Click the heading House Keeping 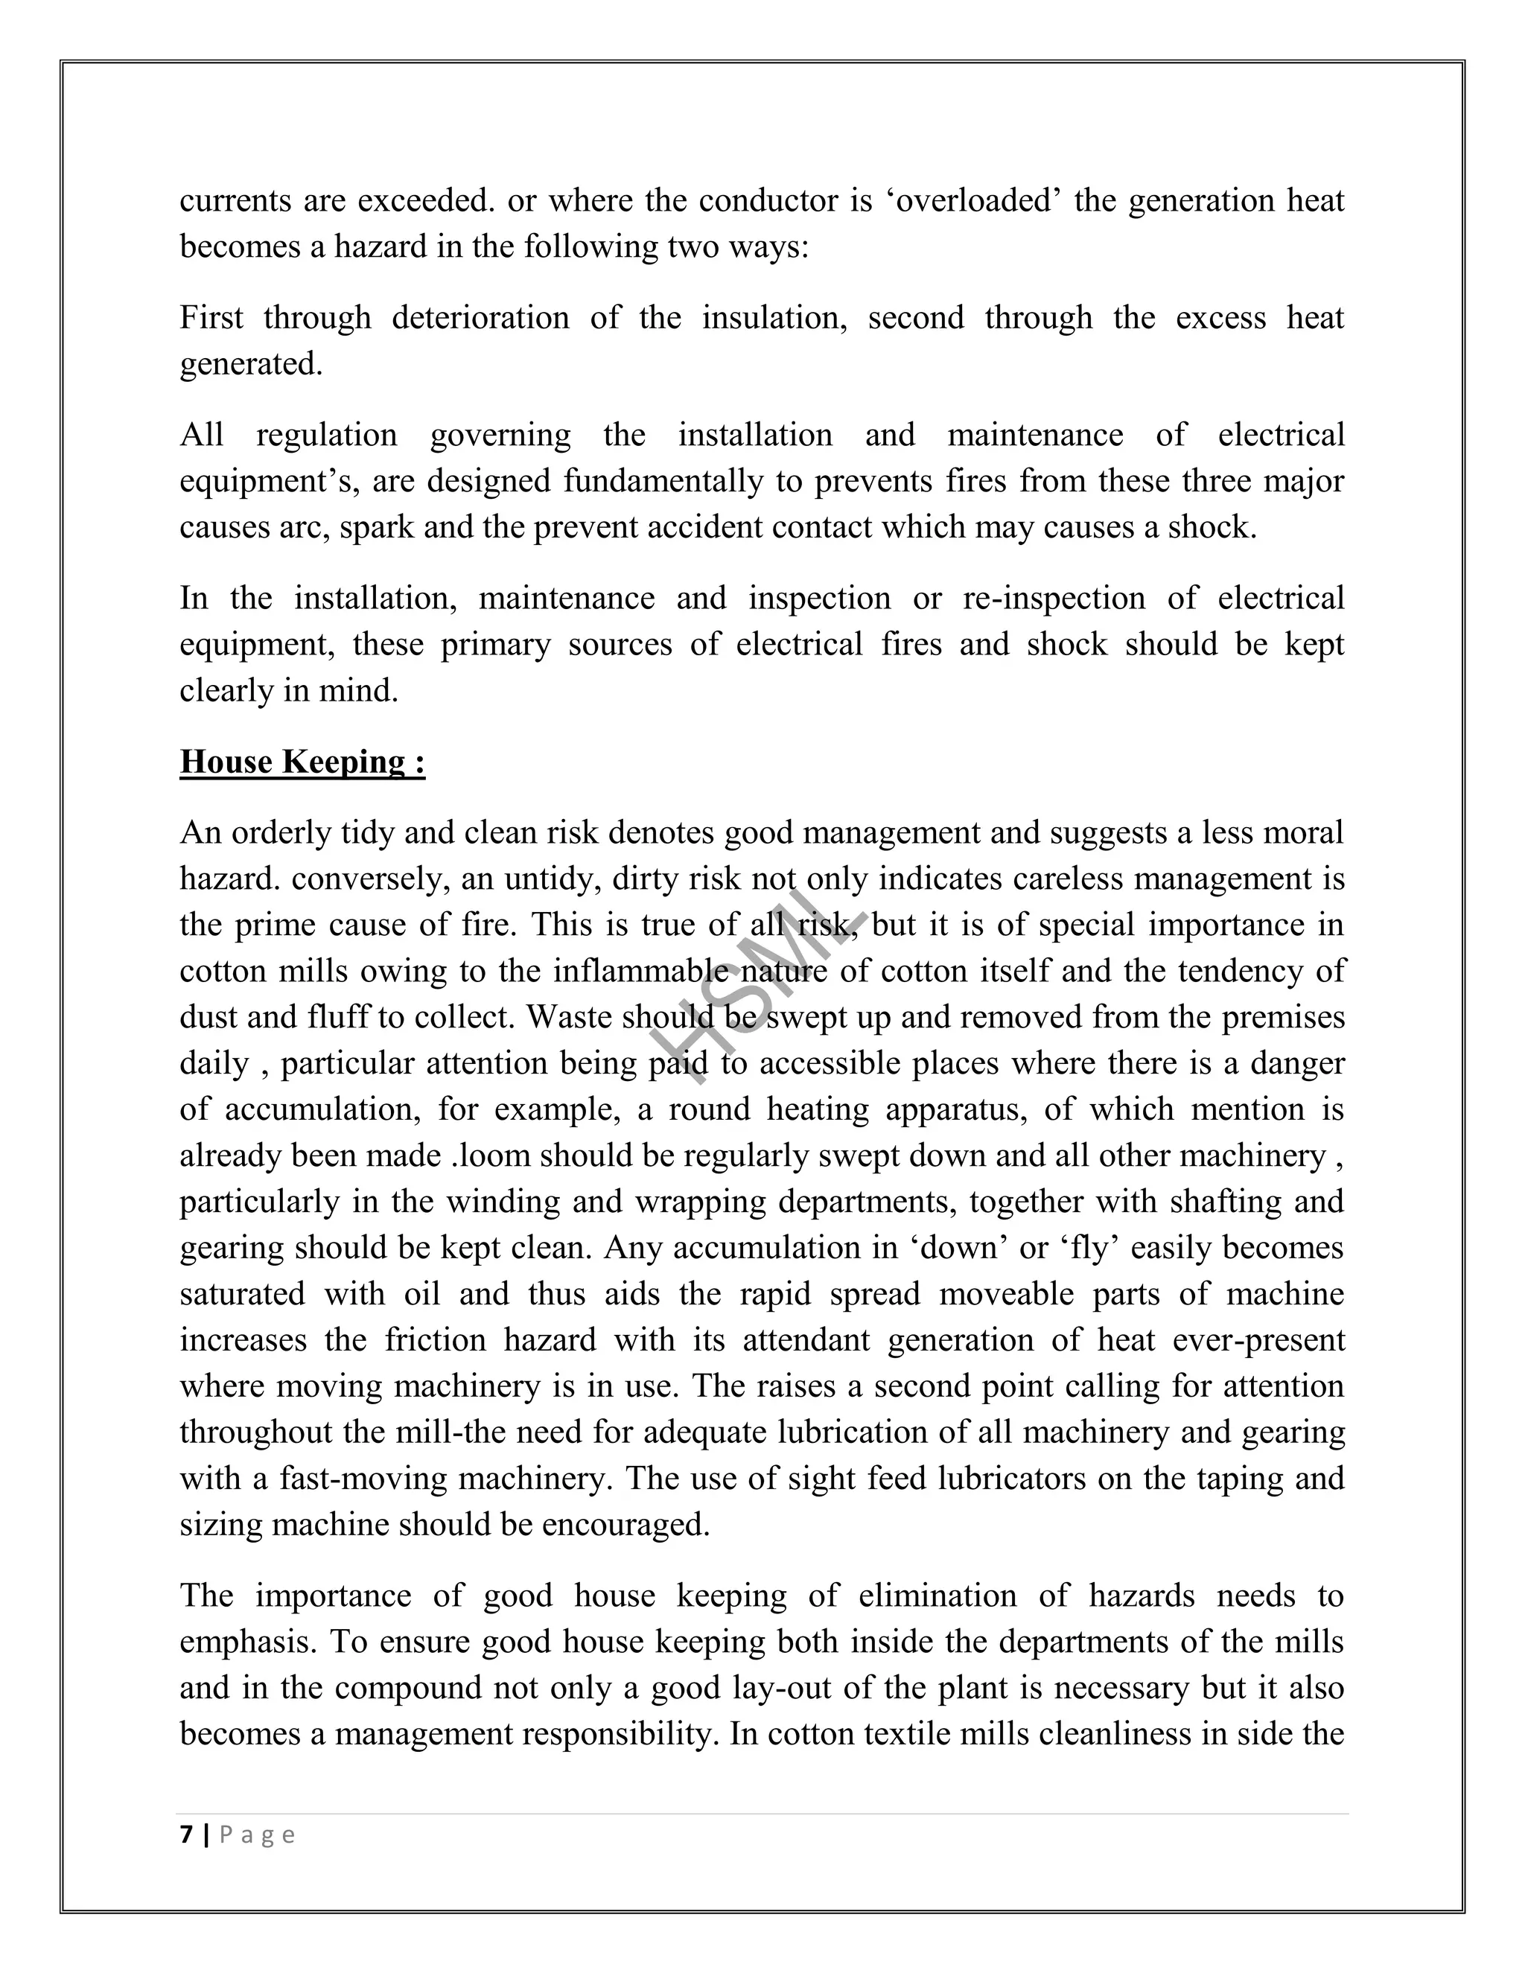coord(302,762)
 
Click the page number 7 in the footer coord(187,1835)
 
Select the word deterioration coord(480,318)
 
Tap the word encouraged coord(625,1525)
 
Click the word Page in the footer coord(258,1835)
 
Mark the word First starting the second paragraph coord(211,318)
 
